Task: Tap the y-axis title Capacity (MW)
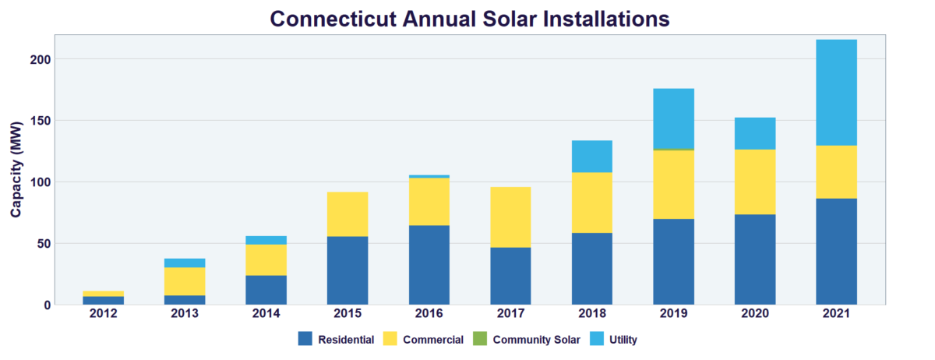click(x=16, y=169)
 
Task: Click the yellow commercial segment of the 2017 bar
click(x=510, y=217)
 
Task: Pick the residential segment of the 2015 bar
click(x=348, y=270)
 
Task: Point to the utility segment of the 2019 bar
click(x=673, y=118)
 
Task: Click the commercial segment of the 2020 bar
click(x=755, y=182)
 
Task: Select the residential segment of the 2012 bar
click(x=103, y=300)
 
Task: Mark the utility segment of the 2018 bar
click(x=592, y=156)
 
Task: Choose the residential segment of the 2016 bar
click(x=429, y=265)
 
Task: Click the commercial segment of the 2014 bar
click(x=266, y=259)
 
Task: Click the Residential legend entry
click(x=336, y=339)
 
